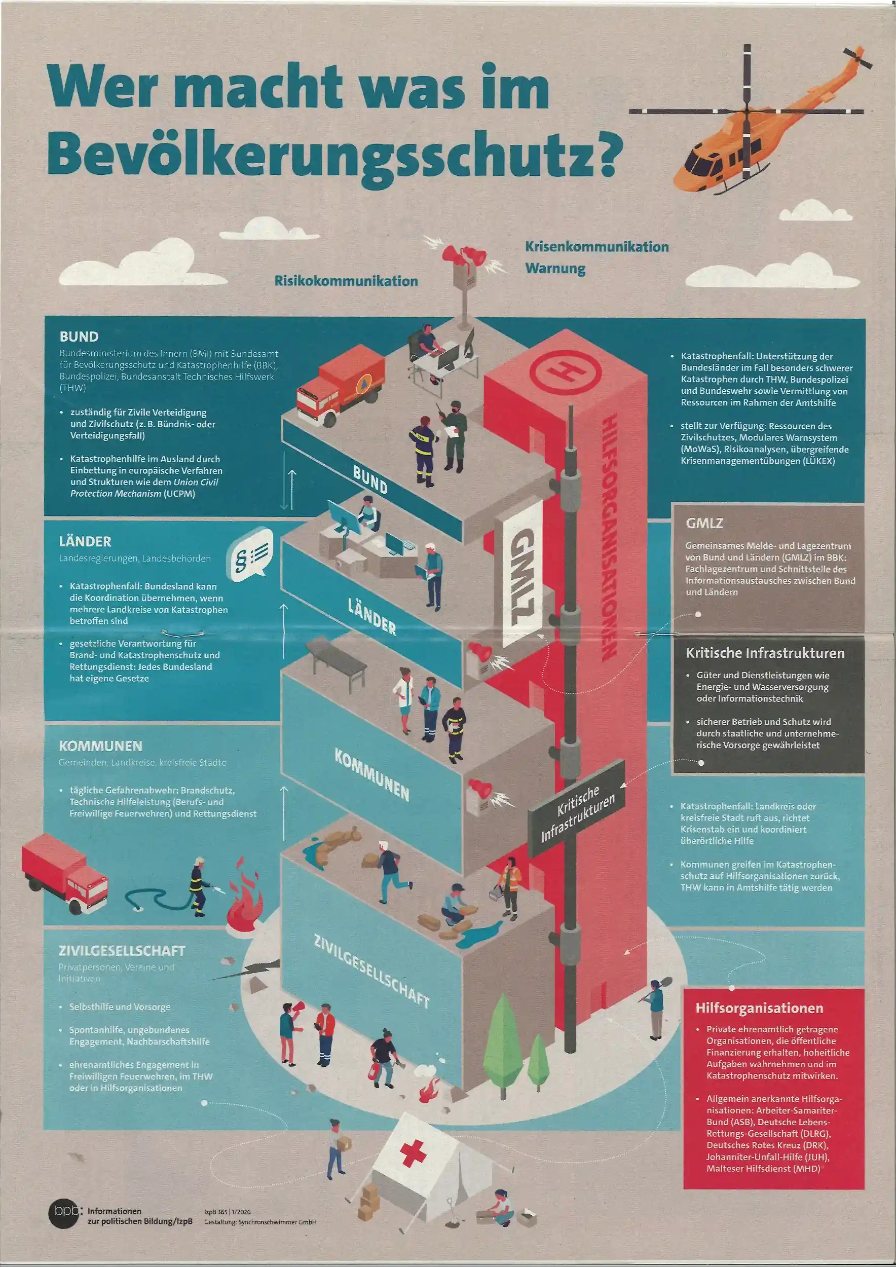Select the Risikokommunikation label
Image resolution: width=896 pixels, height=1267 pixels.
click(346, 281)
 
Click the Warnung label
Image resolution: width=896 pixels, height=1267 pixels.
click(555, 269)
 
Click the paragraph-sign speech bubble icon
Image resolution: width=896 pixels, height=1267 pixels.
click(252, 554)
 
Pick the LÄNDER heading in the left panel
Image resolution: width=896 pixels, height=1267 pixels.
click(85, 541)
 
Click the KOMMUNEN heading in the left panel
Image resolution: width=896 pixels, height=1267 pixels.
click(100, 746)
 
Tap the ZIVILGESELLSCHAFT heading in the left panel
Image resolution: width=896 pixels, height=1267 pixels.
click(122, 951)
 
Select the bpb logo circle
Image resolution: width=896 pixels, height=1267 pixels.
click(63, 1213)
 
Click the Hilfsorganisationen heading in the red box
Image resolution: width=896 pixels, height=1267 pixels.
click(759, 1008)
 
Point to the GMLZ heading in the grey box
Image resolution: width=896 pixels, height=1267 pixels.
click(704, 523)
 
